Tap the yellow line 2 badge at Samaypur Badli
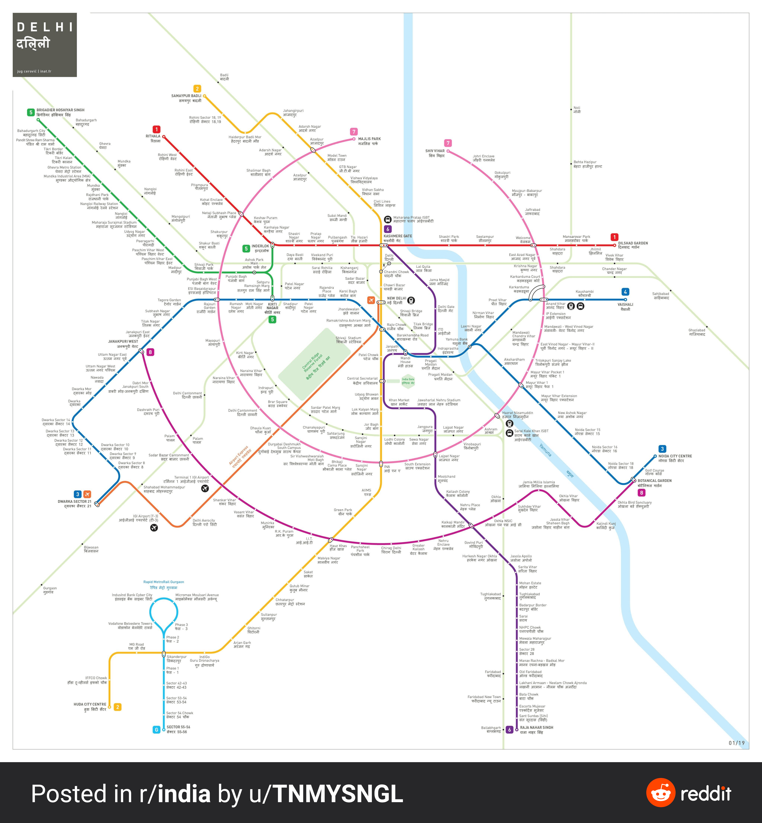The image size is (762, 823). pos(197,89)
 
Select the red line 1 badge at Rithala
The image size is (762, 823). pos(156,130)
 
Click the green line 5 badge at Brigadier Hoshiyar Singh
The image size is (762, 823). pos(31,112)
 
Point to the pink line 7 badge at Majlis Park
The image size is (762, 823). pos(353,132)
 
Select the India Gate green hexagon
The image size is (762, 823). pos(408,381)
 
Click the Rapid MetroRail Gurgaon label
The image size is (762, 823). pos(164,582)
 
